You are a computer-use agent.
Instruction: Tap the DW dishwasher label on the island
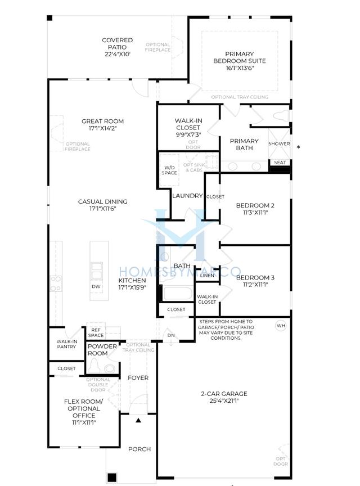[96, 286]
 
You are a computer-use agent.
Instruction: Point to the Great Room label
[102, 121]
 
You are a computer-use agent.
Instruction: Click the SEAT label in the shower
[280, 163]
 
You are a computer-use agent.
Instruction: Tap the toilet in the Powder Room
[109, 367]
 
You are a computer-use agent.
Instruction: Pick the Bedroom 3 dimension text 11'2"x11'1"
[251, 285]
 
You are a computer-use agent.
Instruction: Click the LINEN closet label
[206, 275]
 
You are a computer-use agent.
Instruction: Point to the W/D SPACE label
[169, 170]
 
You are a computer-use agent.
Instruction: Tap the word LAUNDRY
[187, 196]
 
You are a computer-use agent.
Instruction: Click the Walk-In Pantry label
[66, 344]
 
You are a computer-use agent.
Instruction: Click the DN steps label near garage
[171, 335]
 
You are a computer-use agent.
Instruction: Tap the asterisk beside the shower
[298, 148]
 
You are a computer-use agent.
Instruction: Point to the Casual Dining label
[102, 201]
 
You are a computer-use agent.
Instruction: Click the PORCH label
[139, 449]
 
